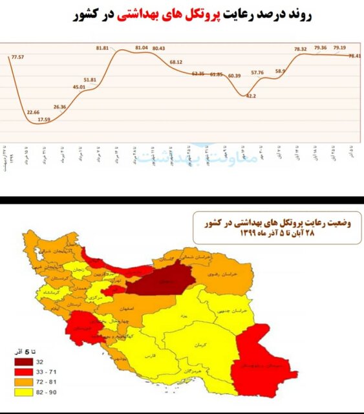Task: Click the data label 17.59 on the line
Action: pos(44,119)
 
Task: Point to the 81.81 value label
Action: pos(102,48)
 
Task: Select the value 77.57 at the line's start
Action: pos(18,58)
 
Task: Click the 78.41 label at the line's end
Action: pos(354,56)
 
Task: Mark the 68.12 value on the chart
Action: pos(177,62)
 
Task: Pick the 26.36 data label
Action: pos(60,106)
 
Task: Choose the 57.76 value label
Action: pos(258,72)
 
